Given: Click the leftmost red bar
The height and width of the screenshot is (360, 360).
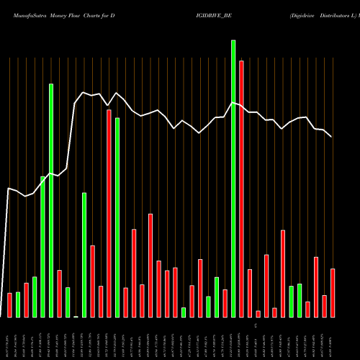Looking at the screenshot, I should (9, 305).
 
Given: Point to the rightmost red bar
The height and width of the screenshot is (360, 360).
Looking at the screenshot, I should (333, 293).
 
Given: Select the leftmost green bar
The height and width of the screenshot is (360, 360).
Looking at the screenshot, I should (18, 305).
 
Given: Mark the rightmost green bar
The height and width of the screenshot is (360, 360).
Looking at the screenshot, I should (300, 300).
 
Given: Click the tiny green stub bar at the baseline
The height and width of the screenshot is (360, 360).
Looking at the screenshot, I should (76, 316).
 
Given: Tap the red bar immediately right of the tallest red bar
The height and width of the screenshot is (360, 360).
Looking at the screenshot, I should (250, 293).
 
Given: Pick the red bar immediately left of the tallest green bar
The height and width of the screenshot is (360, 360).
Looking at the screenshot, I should (225, 303).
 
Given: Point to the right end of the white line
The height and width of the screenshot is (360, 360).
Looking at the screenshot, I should (332, 137).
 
